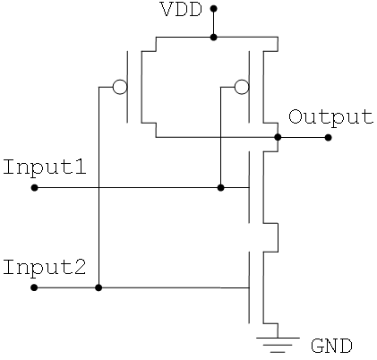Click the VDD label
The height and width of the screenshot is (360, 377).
(x=181, y=10)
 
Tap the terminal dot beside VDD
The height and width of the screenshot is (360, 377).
(x=213, y=9)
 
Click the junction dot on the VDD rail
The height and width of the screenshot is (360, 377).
(x=213, y=38)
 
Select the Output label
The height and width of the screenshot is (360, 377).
(x=330, y=117)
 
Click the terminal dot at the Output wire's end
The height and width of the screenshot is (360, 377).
(x=328, y=137)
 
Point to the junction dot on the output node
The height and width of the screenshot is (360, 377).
(x=278, y=137)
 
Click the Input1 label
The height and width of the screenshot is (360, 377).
(x=45, y=167)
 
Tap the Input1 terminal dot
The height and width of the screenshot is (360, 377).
(x=35, y=188)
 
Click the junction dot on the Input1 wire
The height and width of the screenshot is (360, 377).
(x=220, y=188)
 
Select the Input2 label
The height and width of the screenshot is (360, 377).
(x=45, y=268)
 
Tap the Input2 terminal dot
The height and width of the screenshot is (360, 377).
(x=34, y=287)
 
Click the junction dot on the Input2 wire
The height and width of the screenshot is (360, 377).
(x=99, y=287)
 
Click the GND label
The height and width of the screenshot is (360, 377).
(x=331, y=347)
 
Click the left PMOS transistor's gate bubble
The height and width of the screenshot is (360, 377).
(x=120, y=87)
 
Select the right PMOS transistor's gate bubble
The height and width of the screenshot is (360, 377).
(x=242, y=87)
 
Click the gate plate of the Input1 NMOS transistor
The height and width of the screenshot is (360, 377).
(x=249, y=187)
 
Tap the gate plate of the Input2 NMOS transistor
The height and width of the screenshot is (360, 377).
(x=249, y=287)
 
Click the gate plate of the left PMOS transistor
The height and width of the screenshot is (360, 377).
(x=127, y=87)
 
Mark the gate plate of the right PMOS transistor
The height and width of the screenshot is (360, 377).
(x=249, y=87)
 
